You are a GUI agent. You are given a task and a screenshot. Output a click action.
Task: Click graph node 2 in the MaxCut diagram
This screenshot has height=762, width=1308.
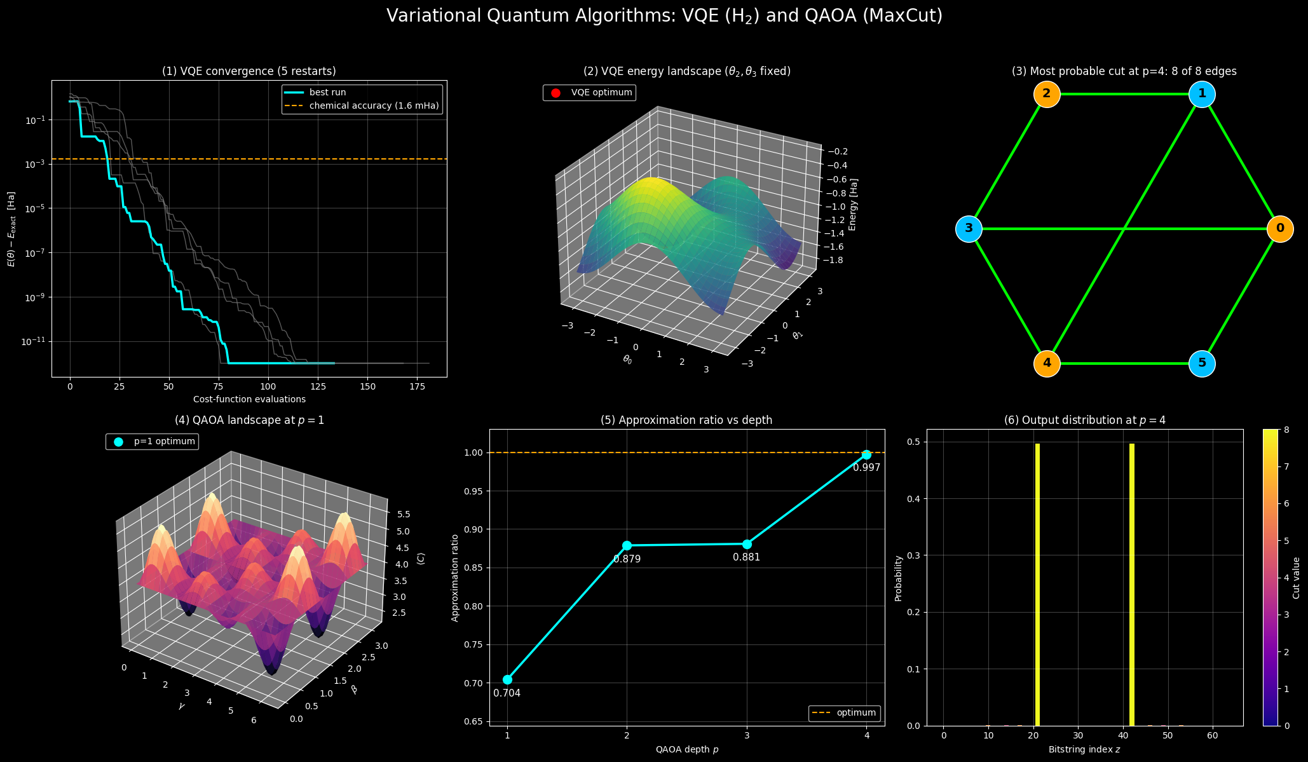click(1047, 95)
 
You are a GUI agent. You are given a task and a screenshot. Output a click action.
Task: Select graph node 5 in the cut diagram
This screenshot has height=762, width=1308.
click(1202, 364)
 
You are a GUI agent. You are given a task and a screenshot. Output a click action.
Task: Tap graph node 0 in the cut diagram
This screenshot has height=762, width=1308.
click(1280, 229)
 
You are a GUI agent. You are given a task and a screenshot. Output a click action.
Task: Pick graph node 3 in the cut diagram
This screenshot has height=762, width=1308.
click(969, 229)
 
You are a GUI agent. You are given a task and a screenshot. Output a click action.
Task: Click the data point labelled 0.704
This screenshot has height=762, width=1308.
click(507, 679)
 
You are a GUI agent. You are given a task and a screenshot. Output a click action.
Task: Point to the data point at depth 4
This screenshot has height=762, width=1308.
click(866, 454)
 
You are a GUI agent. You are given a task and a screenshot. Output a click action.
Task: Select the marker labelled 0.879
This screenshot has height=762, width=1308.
click(627, 545)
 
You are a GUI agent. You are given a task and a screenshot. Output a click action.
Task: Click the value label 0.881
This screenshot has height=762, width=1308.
click(746, 557)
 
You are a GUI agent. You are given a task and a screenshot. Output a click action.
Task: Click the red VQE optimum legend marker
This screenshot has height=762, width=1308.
click(555, 93)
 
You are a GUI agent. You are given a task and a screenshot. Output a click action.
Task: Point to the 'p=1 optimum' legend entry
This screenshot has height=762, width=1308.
click(153, 441)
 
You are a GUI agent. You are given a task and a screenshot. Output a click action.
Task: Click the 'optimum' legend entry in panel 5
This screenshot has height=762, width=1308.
click(844, 713)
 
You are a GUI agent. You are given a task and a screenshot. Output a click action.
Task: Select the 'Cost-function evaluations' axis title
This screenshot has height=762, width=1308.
click(249, 399)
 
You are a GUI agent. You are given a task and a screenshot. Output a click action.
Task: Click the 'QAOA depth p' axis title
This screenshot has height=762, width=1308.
click(687, 749)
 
